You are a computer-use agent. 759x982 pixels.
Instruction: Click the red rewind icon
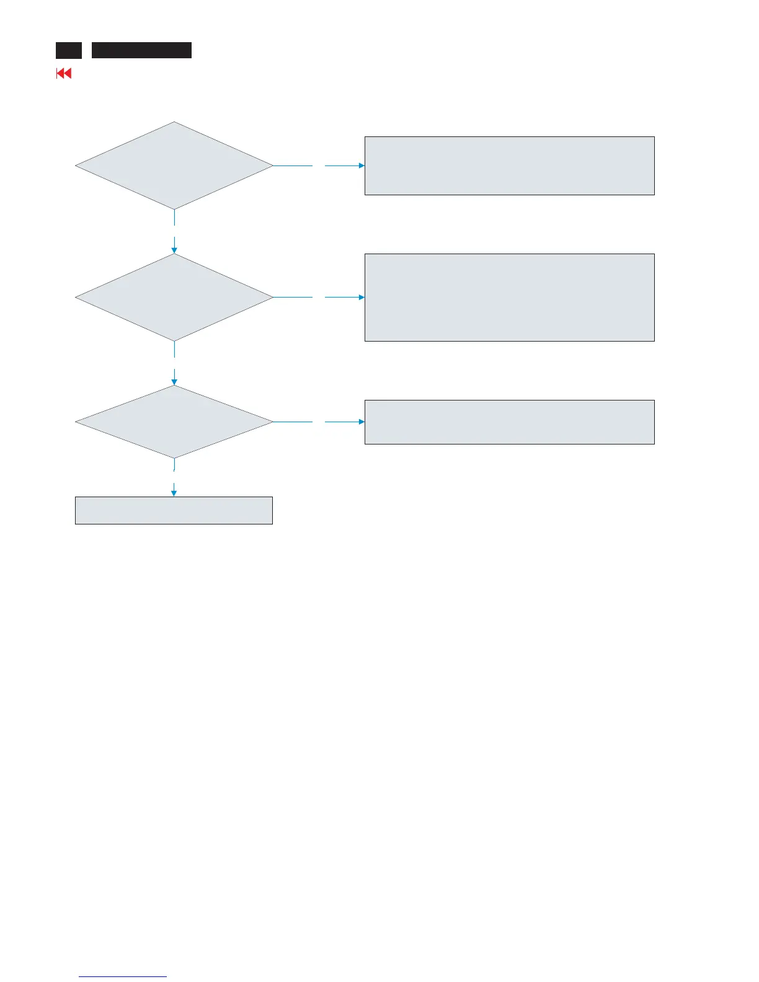click(x=64, y=73)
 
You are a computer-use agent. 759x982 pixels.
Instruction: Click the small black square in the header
click(x=68, y=50)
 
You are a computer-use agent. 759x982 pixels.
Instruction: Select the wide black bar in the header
click(x=141, y=50)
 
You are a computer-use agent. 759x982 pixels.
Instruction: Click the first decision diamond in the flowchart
click(x=174, y=166)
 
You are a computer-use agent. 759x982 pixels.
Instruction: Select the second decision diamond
click(x=174, y=297)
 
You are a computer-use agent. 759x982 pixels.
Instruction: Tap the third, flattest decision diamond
click(x=174, y=422)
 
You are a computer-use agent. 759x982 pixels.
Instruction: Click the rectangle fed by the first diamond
click(x=509, y=166)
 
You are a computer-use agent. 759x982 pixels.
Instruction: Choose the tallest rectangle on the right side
click(x=509, y=297)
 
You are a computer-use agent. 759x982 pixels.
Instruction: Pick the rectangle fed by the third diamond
click(x=509, y=422)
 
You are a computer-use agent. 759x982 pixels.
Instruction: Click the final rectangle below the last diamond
click(x=174, y=510)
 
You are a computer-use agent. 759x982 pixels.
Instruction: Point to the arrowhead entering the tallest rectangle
click(x=362, y=297)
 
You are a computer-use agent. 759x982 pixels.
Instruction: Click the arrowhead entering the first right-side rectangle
click(x=362, y=166)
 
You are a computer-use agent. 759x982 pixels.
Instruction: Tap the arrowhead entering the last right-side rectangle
click(x=362, y=422)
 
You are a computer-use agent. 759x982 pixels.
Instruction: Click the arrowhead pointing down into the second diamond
click(x=174, y=250)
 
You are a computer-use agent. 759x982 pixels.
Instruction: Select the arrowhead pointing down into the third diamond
click(x=174, y=383)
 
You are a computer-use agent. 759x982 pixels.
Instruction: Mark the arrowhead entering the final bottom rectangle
click(x=174, y=493)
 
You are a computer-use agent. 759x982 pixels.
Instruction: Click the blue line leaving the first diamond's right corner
click(x=293, y=166)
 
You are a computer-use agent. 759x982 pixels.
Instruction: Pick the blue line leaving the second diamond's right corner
click(x=293, y=297)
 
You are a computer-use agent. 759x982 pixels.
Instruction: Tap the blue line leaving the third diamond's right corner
click(x=293, y=422)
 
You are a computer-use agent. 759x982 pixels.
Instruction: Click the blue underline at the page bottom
click(x=123, y=977)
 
